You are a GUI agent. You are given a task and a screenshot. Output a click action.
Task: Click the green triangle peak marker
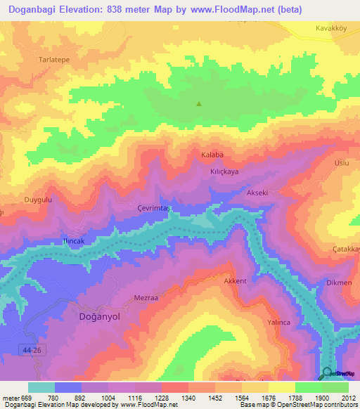199,104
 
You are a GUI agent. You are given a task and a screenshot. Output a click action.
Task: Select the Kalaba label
212,155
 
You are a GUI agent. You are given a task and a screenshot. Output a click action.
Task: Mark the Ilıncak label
74,240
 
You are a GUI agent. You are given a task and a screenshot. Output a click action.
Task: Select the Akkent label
235,281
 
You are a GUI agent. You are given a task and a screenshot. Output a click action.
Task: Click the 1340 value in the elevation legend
188,397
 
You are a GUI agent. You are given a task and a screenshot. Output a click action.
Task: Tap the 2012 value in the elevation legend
348,397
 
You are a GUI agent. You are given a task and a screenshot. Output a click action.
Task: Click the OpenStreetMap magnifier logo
327,373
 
